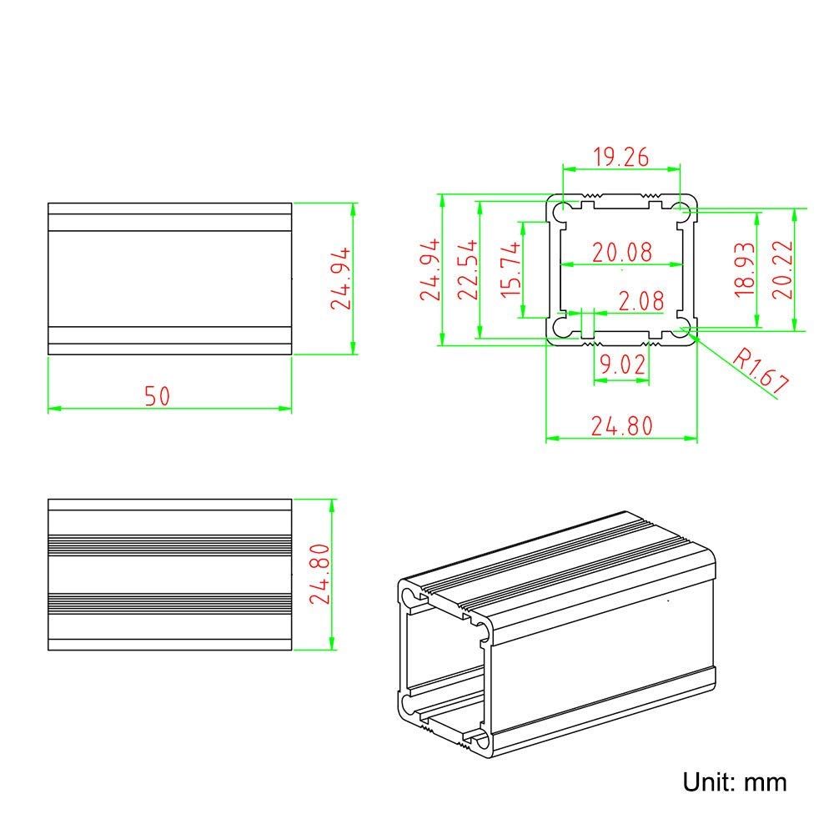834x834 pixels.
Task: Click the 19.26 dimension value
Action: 621,156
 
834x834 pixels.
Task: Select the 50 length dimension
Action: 156,395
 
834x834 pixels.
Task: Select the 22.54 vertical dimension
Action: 467,269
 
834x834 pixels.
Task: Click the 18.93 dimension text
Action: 744,269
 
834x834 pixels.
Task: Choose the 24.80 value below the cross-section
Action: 621,426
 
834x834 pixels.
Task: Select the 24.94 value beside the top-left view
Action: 342,279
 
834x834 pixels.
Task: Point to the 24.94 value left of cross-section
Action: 429,269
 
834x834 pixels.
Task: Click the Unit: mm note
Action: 735,781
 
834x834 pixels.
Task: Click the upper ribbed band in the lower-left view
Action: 169,544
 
